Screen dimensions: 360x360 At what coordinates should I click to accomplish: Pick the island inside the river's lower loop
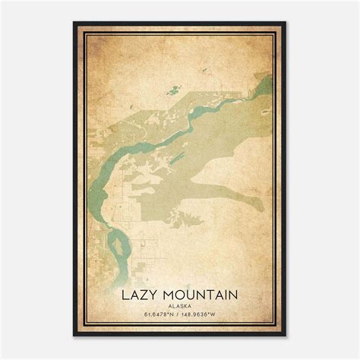point(115,246)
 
